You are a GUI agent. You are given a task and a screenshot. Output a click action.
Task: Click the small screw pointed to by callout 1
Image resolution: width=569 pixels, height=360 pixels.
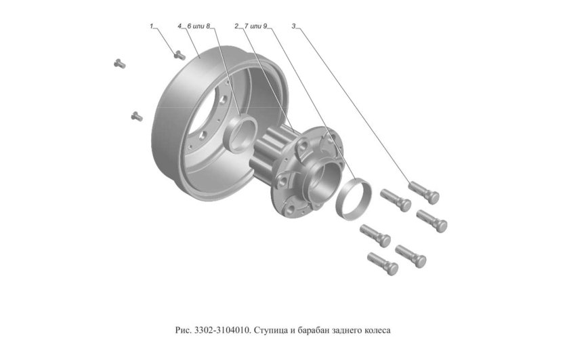(179, 54)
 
